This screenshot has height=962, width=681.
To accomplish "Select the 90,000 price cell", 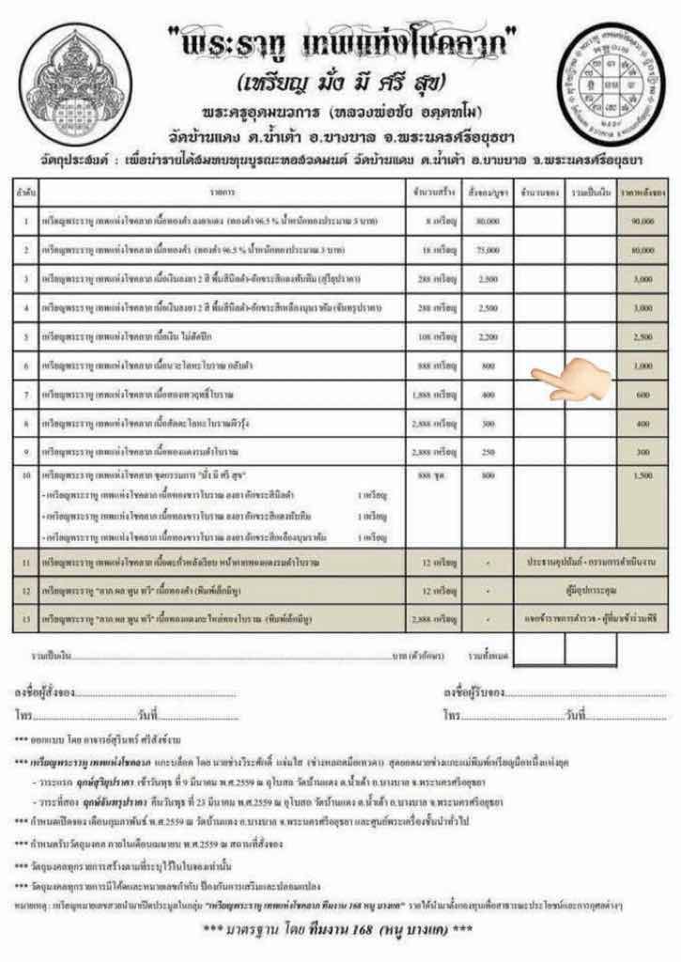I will point(643,221).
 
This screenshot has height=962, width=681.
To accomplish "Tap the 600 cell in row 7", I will point(643,395).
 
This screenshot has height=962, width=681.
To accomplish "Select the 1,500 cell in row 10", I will point(643,477).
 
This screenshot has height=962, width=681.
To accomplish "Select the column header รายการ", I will point(222,191).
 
